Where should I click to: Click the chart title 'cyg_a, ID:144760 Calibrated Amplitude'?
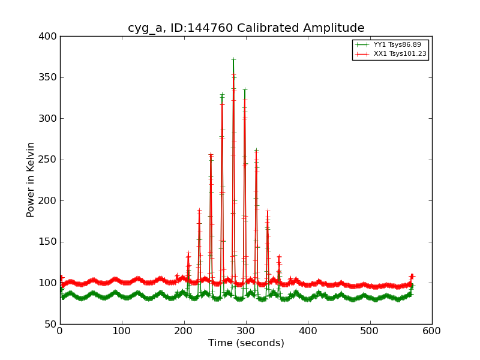246,28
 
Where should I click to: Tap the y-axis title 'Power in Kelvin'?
31,179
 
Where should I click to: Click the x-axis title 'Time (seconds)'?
246,343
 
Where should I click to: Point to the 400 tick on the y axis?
48,37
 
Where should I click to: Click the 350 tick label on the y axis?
48,77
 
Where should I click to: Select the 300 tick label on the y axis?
48,119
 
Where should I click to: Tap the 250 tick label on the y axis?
48,160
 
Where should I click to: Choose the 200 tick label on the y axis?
48,201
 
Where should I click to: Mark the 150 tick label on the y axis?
48,242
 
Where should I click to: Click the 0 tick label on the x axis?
60,331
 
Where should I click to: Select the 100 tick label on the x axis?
122,331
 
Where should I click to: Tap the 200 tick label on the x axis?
184,331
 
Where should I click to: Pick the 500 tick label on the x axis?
370,331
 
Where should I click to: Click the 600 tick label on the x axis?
432,331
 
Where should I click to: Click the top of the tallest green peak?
233,59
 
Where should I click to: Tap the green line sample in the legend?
362,45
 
